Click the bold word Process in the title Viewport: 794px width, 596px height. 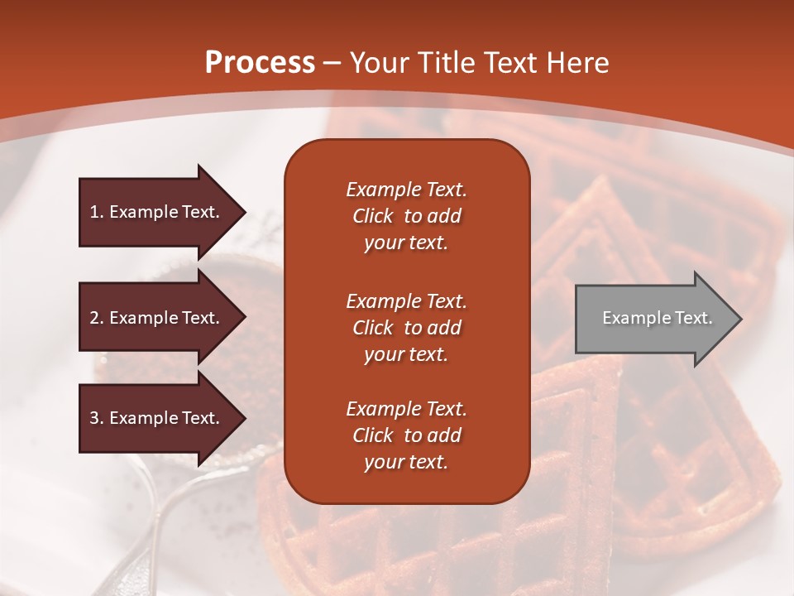point(260,63)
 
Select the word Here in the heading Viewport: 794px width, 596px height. point(577,63)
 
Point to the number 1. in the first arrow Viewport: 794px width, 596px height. point(97,212)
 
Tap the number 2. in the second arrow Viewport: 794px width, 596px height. point(97,318)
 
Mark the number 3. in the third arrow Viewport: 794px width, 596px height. point(97,418)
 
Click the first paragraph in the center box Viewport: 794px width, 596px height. point(406,216)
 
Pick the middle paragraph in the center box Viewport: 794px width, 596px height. point(406,328)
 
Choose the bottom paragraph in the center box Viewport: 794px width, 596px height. point(406,435)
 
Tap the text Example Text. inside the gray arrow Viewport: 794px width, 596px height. point(657,318)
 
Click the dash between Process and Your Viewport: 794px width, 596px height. point(332,63)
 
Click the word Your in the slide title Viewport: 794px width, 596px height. point(380,63)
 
